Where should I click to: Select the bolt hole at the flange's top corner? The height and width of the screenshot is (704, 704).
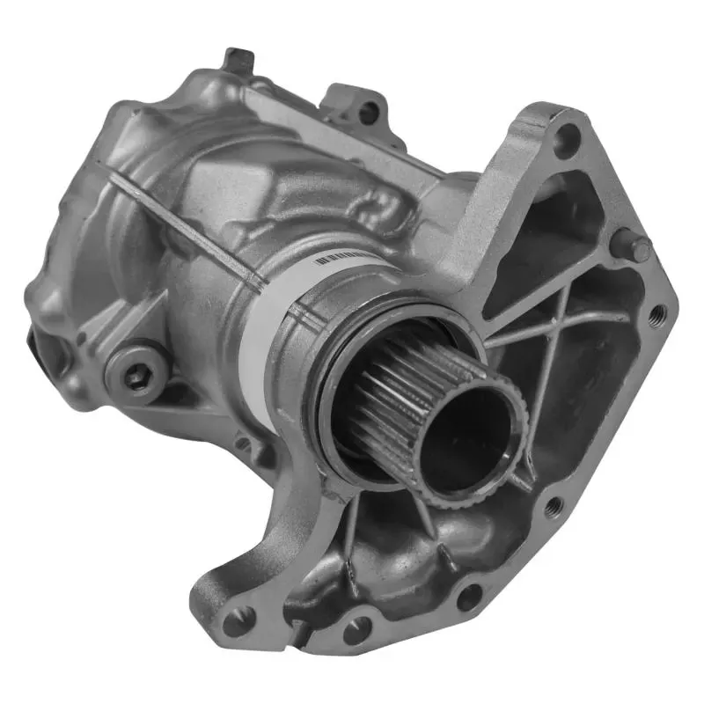568,139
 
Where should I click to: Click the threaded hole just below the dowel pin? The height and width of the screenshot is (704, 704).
656,311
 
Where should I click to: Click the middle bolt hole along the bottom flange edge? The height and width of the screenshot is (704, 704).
357,627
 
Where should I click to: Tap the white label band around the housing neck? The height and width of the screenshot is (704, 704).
264,317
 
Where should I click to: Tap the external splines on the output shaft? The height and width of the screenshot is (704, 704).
387,396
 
